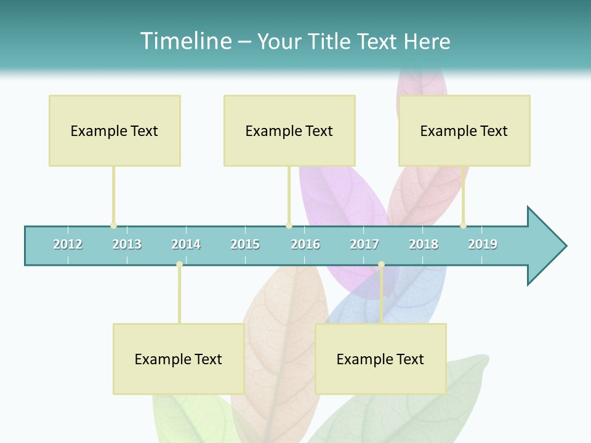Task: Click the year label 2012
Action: point(68,244)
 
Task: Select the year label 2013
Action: point(127,244)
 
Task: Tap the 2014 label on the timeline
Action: point(186,244)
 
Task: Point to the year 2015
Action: point(245,244)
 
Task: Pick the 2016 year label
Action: point(305,244)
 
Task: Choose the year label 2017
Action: point(364,244)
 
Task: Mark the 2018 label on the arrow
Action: point(424,244)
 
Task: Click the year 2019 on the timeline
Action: point(483,244)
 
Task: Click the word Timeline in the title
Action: point(185,41)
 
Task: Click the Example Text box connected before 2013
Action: point(115,130)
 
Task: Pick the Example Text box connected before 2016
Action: point(289,130)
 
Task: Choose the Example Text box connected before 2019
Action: point(464,130)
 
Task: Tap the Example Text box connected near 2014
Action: point(179,359)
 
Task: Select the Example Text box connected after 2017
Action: point(380,359)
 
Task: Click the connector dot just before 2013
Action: point(113,225)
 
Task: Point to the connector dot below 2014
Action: point(179,265)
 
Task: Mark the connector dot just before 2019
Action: point(463,225)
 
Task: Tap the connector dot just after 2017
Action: point(381,265)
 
